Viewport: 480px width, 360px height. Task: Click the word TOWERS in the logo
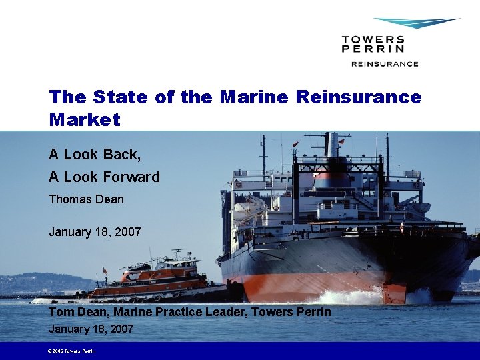coord(373,39)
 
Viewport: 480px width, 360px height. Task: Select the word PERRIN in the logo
coord(373,49)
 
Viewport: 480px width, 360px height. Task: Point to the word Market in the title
coord(85,120)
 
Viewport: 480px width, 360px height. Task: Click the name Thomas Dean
coord(86,199)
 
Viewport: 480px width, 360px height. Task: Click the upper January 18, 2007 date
coord(95,232)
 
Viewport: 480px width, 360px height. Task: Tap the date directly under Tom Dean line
coord(91,329)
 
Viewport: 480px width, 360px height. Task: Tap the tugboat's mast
coord(177,256)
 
